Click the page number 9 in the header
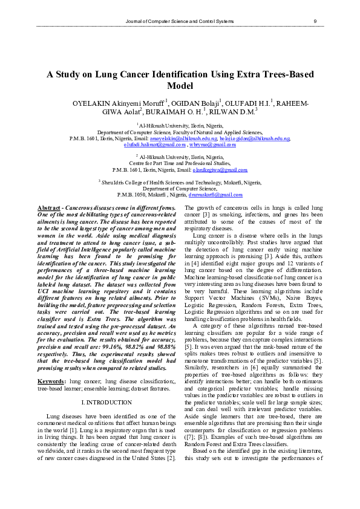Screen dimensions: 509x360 coord(315,22)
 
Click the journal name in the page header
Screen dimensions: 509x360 coord(178,22)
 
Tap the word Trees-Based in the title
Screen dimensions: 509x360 coord(284,74)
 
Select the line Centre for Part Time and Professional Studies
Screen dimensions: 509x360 coord(180,164)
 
